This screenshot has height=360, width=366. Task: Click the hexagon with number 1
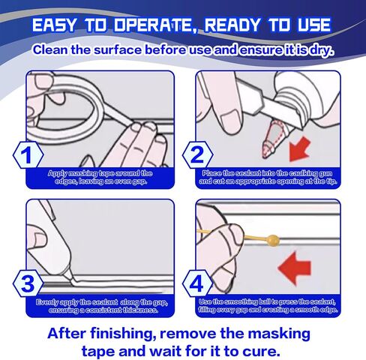(x=28, y=155)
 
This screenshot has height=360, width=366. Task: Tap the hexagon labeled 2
(x=198, y=155)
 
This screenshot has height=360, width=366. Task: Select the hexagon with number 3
(x=28, y=283)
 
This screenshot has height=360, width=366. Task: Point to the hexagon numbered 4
(x=198, y=283)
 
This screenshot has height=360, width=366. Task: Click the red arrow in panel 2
(x=299, y=149)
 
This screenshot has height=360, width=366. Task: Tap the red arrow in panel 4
(x=294, y=268)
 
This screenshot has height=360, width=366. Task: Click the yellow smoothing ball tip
(x=273, y=240)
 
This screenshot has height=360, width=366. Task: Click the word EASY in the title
(x=54, y=25)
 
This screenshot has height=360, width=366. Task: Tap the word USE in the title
(x=313, y=25)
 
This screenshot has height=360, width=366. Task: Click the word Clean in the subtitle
(x=50, y=49)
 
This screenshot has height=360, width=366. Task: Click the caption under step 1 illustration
(x=100, y=177)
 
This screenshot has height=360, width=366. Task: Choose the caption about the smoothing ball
(x=268, y=306)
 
